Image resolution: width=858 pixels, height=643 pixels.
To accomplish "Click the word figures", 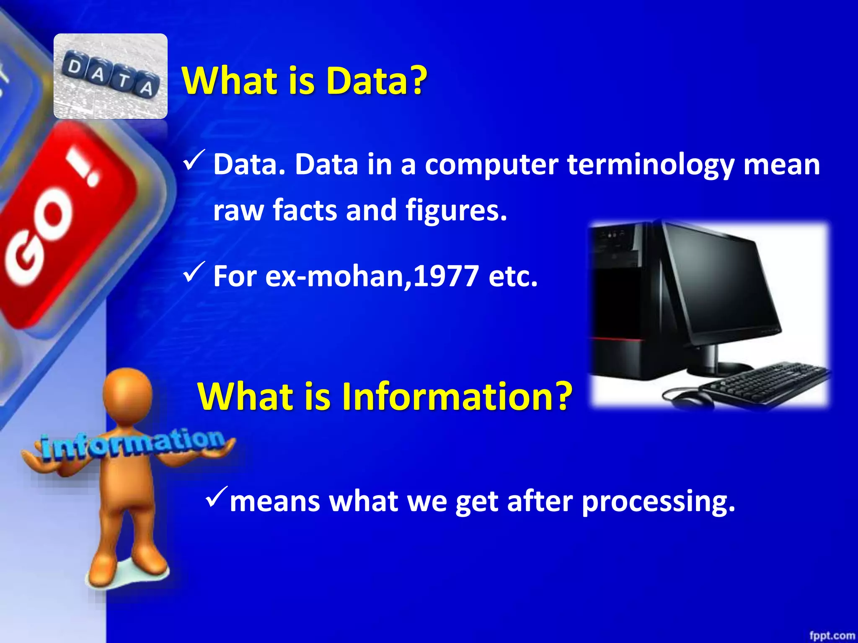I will pyautogui.click(x=456, y=210).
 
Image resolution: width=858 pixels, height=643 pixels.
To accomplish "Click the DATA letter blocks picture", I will pyautogui.click(x=111, y=76).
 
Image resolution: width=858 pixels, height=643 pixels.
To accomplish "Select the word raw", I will pyautogui.click(x=238, y=210).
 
